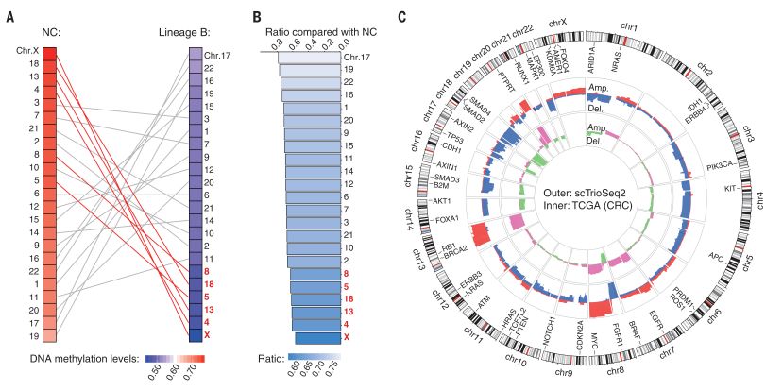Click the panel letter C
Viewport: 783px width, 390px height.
[x=403, y=16]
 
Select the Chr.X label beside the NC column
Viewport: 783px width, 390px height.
[x=27, y=51]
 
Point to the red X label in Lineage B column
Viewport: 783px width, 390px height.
[x=206, y=335]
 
